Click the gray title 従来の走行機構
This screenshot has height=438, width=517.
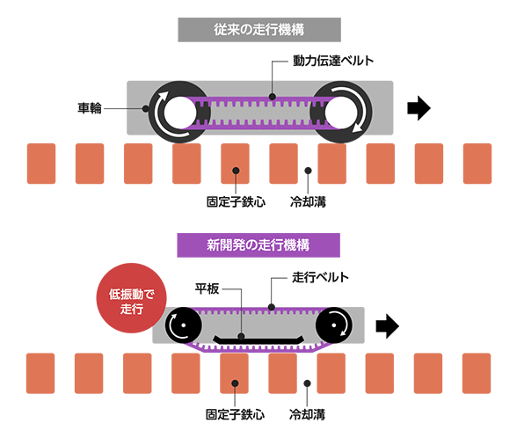(x=259, y=30)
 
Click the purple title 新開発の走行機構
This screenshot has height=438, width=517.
(x=258, y=245)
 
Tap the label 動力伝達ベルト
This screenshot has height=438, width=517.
(x=333, y=61)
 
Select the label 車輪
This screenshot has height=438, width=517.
(x=90, y=108)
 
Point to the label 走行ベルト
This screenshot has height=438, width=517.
(x=320, y=277)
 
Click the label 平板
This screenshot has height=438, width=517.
(x=208, y=288)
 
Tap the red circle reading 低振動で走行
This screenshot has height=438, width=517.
(x=132, y=298)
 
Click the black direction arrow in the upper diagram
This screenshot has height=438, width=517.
(x=419, y=108)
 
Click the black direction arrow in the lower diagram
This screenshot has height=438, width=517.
(x=388, y=326)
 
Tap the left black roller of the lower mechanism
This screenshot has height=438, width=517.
(x=183, y=325)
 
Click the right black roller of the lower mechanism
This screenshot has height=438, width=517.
(x=334, y=325)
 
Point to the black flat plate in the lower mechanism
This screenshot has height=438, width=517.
(x=258, y=340)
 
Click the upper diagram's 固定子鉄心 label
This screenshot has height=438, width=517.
(x=236, y=202)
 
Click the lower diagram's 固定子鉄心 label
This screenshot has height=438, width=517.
(x=235, y=414)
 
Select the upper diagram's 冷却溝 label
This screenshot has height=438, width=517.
(x=308, y=202)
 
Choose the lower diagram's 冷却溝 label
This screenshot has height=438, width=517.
(x=307, y=414)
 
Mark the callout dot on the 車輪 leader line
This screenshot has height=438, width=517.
(x=145, y=108)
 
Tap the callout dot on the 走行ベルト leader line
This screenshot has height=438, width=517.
(x=272, y=308)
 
